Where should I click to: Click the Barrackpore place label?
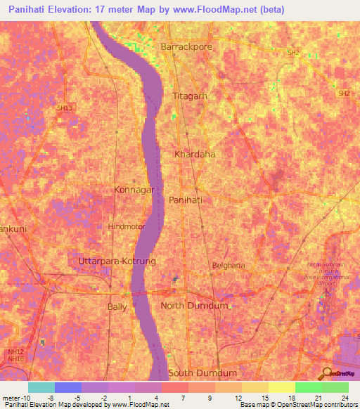click(x=186, y=46)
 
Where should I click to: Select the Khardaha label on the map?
click(x=194, y=153)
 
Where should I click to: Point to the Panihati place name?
click(x=186, y=200)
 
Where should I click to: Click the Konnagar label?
click(x=134, y=189)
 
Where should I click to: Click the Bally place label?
click(x=117, y=307)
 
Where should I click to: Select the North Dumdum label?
click(x=195, y=305)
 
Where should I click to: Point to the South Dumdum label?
click(x=202, y=372)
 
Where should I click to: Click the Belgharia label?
click(x=228, y=266)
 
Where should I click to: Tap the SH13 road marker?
click(x=64, y=108)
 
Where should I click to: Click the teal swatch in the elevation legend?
click(x=41, y=387)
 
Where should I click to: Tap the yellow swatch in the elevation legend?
click(x=282, y=387)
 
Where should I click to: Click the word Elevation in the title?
click(x=82, y=11)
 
